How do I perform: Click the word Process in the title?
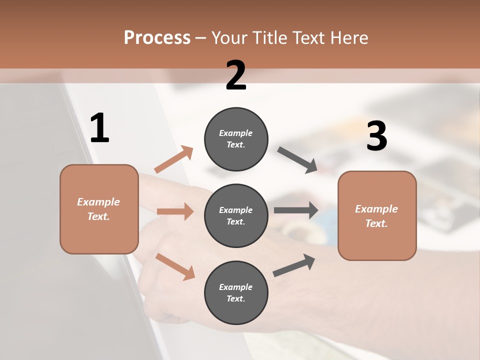tap(157, 38)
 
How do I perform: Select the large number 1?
tap(99, 128)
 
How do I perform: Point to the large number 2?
tap(236, 75)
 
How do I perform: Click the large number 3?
tap(376, 136)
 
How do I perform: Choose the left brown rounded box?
tap(99, 209)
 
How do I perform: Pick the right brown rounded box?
tap(377, 216)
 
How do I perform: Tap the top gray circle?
tap(236, 139)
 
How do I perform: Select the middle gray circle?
tap(236, 216)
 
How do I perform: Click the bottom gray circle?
tap(236, 293)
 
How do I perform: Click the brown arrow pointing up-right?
tap(174, 159)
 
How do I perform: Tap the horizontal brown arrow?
tap(175, 211)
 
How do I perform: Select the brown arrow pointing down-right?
tap(175, 266)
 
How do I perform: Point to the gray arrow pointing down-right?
tap(297, 160)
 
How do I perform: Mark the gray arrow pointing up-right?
tap(294, 265)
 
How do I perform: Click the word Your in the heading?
tap(229, 38)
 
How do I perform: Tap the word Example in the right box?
tap(376, 209)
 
